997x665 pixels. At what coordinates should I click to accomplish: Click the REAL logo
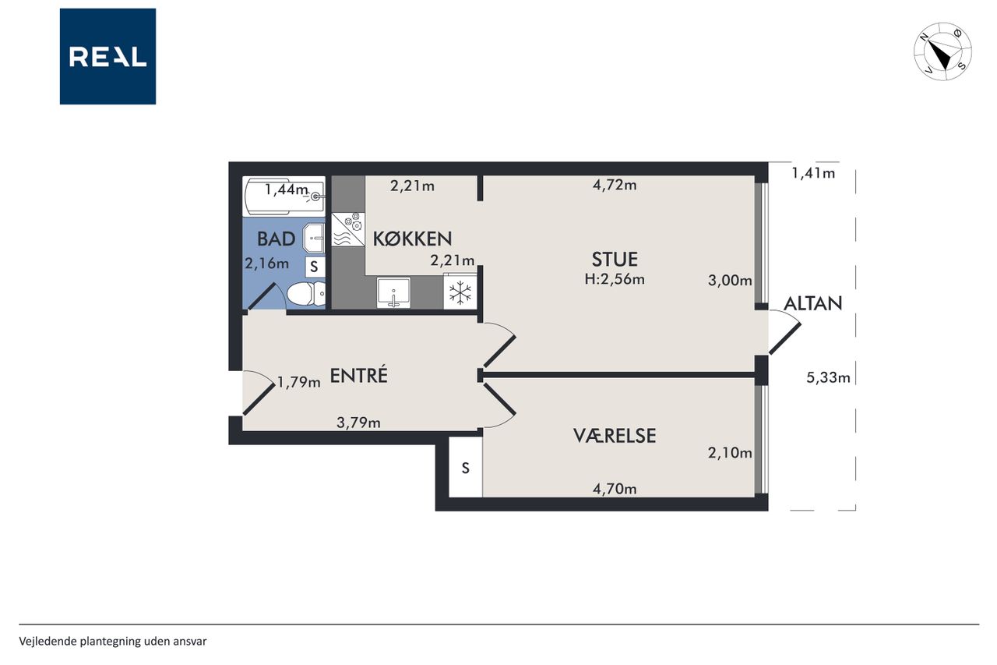(x=107, y=56)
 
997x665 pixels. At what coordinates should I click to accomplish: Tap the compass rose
(x=942, y=51)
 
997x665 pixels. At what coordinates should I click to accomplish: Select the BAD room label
(x=276, y=239)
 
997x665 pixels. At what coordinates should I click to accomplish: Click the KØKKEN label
(x=412, y=239)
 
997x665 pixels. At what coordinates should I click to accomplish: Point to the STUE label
(x=615, y=260)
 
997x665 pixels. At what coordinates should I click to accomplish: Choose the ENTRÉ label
(x=359, y=375)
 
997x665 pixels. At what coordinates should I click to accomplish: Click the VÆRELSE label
(x=615, y=436)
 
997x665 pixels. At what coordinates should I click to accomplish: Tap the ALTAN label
(x=812, y=304)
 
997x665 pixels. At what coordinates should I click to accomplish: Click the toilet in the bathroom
(x=306, y=294)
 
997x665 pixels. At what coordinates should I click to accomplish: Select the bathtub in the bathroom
(x=284, y=196)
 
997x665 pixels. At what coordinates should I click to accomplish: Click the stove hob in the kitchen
(x=348, y=229)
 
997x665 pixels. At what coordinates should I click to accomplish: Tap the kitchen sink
(x=393, y=292)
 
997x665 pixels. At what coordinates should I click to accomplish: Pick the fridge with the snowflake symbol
(x=460, y=292)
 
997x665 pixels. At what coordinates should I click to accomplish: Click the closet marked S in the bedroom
(x=466, y=467)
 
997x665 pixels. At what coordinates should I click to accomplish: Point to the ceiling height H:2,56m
(x=615, y=279)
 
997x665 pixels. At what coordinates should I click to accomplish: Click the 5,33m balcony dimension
(x=828, y=377)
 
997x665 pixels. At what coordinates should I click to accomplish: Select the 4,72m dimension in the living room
(x=615, y=185)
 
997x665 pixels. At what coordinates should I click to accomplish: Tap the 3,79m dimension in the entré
(x=359, y=423)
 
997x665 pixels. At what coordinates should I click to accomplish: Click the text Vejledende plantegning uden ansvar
(x=113, y=642)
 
